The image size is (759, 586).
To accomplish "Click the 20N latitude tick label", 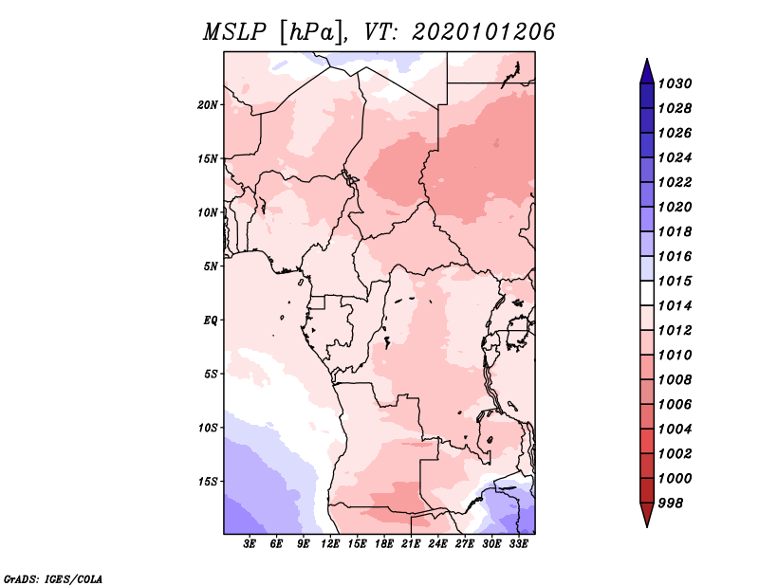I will pyautogui.click(x=208, y=104).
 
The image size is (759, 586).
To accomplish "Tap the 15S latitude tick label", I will pyautogui.click(x=208, y=481).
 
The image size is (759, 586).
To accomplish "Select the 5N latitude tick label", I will pyautogui.click(x=211, y=266).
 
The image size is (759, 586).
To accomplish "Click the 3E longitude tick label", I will pyautogui.click(x=250, y=544).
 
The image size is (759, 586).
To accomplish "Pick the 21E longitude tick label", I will pyautogui.click(x=411, y=544).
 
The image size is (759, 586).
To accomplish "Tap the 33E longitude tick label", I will pyautogui.click(x=518, y=544).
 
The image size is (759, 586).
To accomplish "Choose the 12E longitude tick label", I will pyautogui.click(x=331, y=544).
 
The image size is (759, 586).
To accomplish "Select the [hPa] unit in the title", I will pyautogui.click(x=310, y=32).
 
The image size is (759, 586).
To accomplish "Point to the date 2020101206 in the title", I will pyautogui.click(x=483, y=32).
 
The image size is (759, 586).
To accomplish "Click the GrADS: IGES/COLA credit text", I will pyautogui.click(x=53, y=577).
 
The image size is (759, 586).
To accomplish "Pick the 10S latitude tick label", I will pyautogui.click(x=208, y=428).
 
